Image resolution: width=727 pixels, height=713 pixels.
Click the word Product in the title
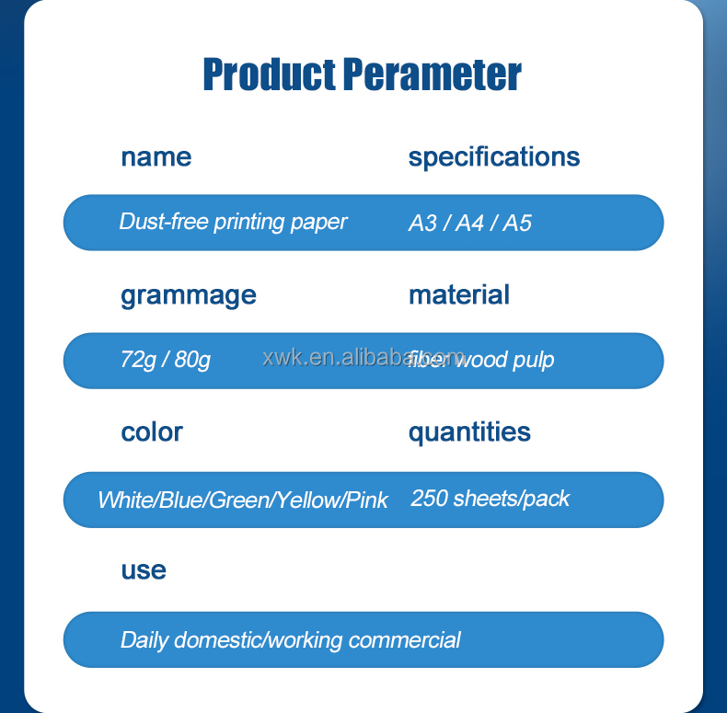269,75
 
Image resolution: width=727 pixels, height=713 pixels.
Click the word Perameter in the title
432,75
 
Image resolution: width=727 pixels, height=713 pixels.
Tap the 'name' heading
156,156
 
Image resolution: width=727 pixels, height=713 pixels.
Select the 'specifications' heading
494,156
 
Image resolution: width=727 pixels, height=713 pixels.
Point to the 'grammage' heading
188,295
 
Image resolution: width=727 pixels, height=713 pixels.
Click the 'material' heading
458,294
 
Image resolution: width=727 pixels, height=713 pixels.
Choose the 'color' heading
152,431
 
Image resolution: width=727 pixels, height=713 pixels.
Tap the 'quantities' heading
469,431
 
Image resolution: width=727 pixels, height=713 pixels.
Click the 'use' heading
144,569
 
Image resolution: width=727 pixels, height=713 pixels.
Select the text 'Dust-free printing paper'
233,222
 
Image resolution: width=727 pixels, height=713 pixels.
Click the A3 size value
422,224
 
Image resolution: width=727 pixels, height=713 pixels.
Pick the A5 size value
517,224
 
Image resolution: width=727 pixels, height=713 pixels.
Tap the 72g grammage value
137,360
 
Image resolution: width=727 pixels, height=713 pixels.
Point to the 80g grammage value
192,360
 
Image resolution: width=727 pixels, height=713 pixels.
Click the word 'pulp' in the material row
534,361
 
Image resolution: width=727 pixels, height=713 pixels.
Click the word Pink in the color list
367,500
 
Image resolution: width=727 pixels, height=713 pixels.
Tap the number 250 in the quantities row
429,499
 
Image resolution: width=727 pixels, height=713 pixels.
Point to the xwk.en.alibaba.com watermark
363,358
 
